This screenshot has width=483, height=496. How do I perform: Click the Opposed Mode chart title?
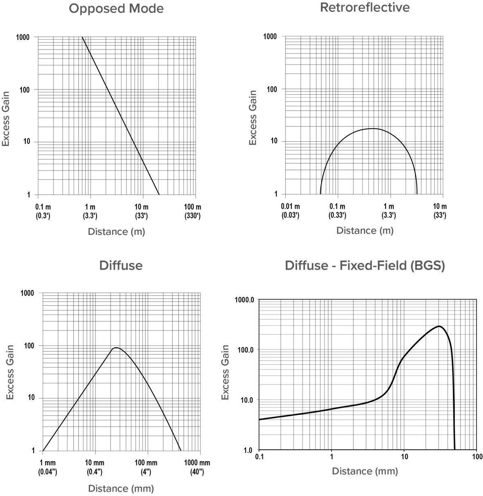[x=116, y=9]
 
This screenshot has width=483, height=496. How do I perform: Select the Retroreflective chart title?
[x=364, y=7]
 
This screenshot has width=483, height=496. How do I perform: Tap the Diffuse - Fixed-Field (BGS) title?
[x=365, y=266]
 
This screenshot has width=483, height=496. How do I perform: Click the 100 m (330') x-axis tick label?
[x=192, y=211]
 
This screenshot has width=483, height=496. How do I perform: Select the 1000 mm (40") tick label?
[x=197, y=467]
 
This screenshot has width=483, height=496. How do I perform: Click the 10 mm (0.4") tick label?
[x=95, y=467]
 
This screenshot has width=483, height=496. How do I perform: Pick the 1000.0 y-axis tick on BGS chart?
[x=244, y=300]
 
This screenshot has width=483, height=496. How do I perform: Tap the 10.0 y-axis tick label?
[x=246, y=400]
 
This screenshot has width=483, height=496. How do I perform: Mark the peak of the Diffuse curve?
[x=116, y=348]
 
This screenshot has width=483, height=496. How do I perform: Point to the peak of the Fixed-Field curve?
[x=439, y=326]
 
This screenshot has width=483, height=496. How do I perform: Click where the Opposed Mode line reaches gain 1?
[x=159, y=194]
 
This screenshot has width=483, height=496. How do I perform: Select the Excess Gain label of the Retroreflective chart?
[x=253, y=118]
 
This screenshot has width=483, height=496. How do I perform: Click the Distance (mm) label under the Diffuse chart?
[x=121, y=488]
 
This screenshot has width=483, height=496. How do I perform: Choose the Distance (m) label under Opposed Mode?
[x=116, y=232]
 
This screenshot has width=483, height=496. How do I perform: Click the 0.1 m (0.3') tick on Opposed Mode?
[x=43, y=211]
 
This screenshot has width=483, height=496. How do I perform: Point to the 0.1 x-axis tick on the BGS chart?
[x=259, y=456]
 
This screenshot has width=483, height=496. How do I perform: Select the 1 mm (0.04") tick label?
[x=47, y=467]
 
